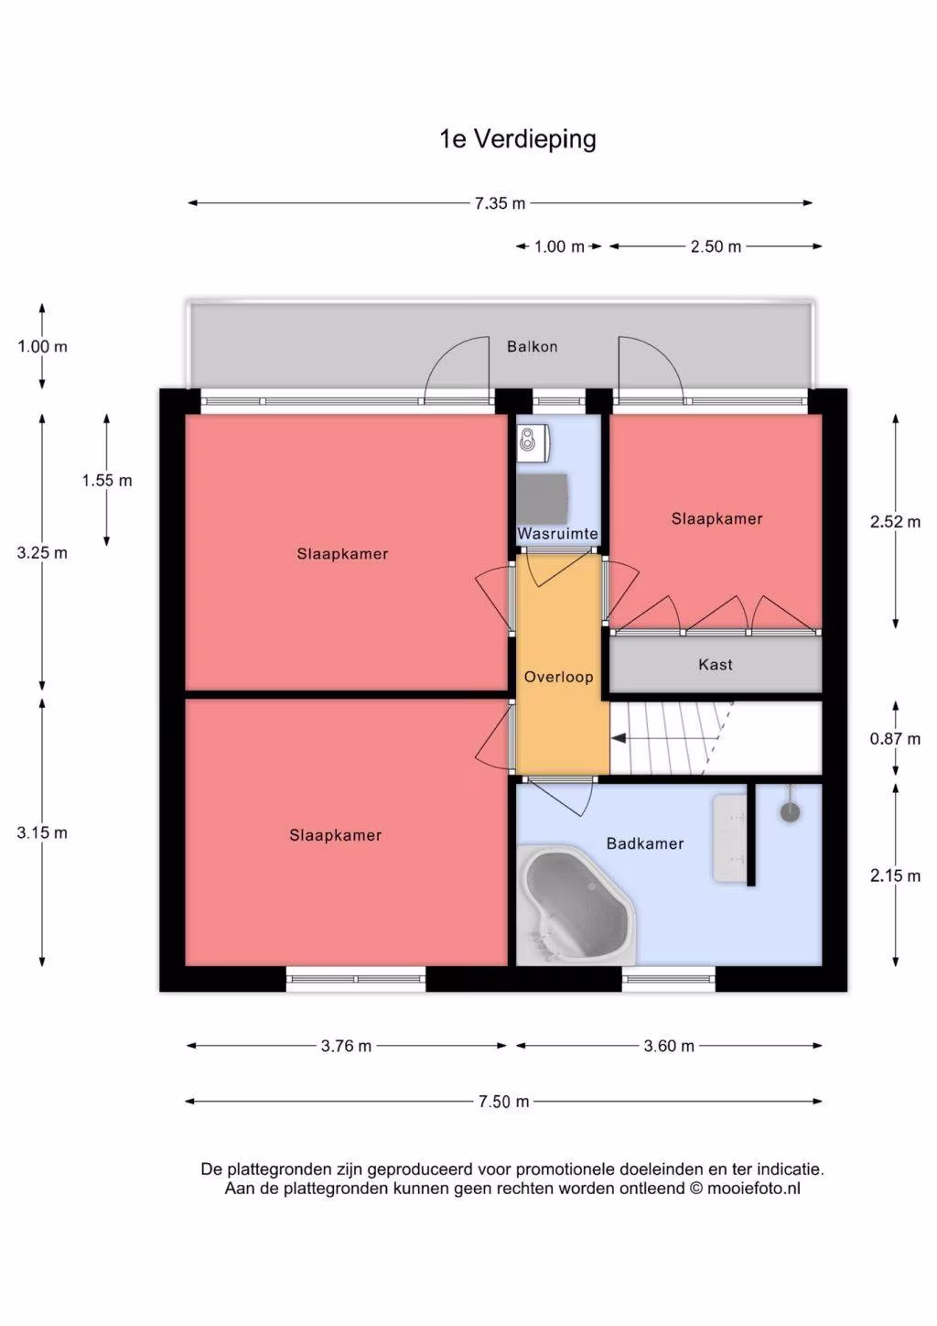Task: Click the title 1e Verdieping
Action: coord(518,140)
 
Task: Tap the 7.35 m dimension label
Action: coord(500,203)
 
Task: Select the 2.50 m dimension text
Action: coord(716,246)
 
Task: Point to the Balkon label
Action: coord(533,347)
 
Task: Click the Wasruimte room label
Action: coord(558,534)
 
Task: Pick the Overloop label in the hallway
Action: coord(558,678)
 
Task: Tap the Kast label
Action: coord(716,665)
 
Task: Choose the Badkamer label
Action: coord(645,843)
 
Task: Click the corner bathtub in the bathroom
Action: coord(575,905)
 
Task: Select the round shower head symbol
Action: coord(791,812)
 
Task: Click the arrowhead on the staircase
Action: coord(619,738)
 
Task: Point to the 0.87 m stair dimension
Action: coord(895,739)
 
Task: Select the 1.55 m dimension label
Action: coord(107,481)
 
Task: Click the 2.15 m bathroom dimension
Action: coord(895,875)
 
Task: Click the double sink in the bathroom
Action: coord(730,838)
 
